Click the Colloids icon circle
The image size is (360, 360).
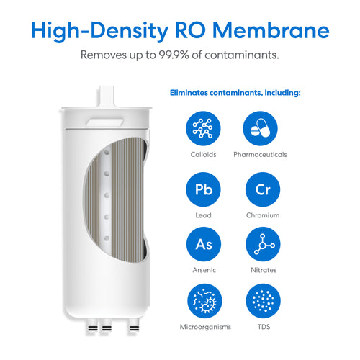click(203, 128)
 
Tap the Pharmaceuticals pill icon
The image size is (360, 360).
click(260, 128)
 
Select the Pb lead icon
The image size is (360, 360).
click(203, 189)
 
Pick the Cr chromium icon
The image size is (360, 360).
click(263, 189)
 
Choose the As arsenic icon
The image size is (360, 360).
click(204, 244)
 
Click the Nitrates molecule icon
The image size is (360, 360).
click(263, 244)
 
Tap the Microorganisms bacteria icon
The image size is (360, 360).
click(204, 301)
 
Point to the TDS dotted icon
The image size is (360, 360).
click(264, 301)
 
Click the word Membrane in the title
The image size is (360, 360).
click(271, 30)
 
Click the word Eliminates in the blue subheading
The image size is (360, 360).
click(189, 93)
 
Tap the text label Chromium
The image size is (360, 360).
click(263, 215)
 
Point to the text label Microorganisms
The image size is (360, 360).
click(205, 327)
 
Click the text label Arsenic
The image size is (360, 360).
click(204, 270)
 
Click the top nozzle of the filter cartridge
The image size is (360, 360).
click(107, 96)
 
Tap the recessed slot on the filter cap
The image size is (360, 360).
click(105, 122)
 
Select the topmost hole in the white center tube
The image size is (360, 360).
click(107, 152)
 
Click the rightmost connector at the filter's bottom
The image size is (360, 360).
click(134, 326)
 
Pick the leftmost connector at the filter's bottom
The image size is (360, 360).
click(92, 326)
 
